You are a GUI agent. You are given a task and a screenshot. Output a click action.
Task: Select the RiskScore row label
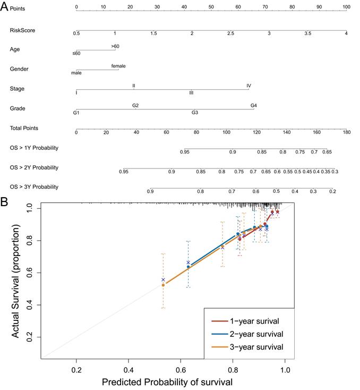pos(22,30)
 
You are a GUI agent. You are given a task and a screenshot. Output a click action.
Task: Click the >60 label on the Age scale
pos(115,46)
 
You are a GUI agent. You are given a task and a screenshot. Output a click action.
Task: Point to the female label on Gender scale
pos(118,66)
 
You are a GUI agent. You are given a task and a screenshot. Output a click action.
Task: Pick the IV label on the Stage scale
pos(248,86)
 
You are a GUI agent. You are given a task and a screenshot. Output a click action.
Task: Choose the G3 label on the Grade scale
pos(195,113)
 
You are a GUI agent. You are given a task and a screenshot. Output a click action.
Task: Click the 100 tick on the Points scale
pos(346,7)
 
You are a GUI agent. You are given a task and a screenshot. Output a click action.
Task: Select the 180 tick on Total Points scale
pos(347,132)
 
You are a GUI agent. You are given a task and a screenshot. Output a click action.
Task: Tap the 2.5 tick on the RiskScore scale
pos(230,33)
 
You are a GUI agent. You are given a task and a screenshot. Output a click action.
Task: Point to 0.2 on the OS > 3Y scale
pos(332,191)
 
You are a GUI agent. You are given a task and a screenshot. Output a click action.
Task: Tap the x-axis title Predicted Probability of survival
pos(167,381)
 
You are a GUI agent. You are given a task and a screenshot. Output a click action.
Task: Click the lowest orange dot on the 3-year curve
pos(163,285)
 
